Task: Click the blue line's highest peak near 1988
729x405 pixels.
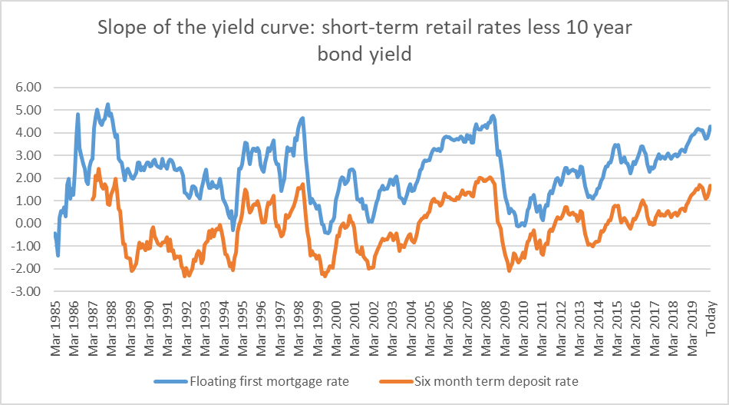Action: point(107,104)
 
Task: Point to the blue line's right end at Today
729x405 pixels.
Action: point(711,126)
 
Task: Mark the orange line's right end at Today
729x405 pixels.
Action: point(711,185)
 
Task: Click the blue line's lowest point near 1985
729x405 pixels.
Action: point(58,254)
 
